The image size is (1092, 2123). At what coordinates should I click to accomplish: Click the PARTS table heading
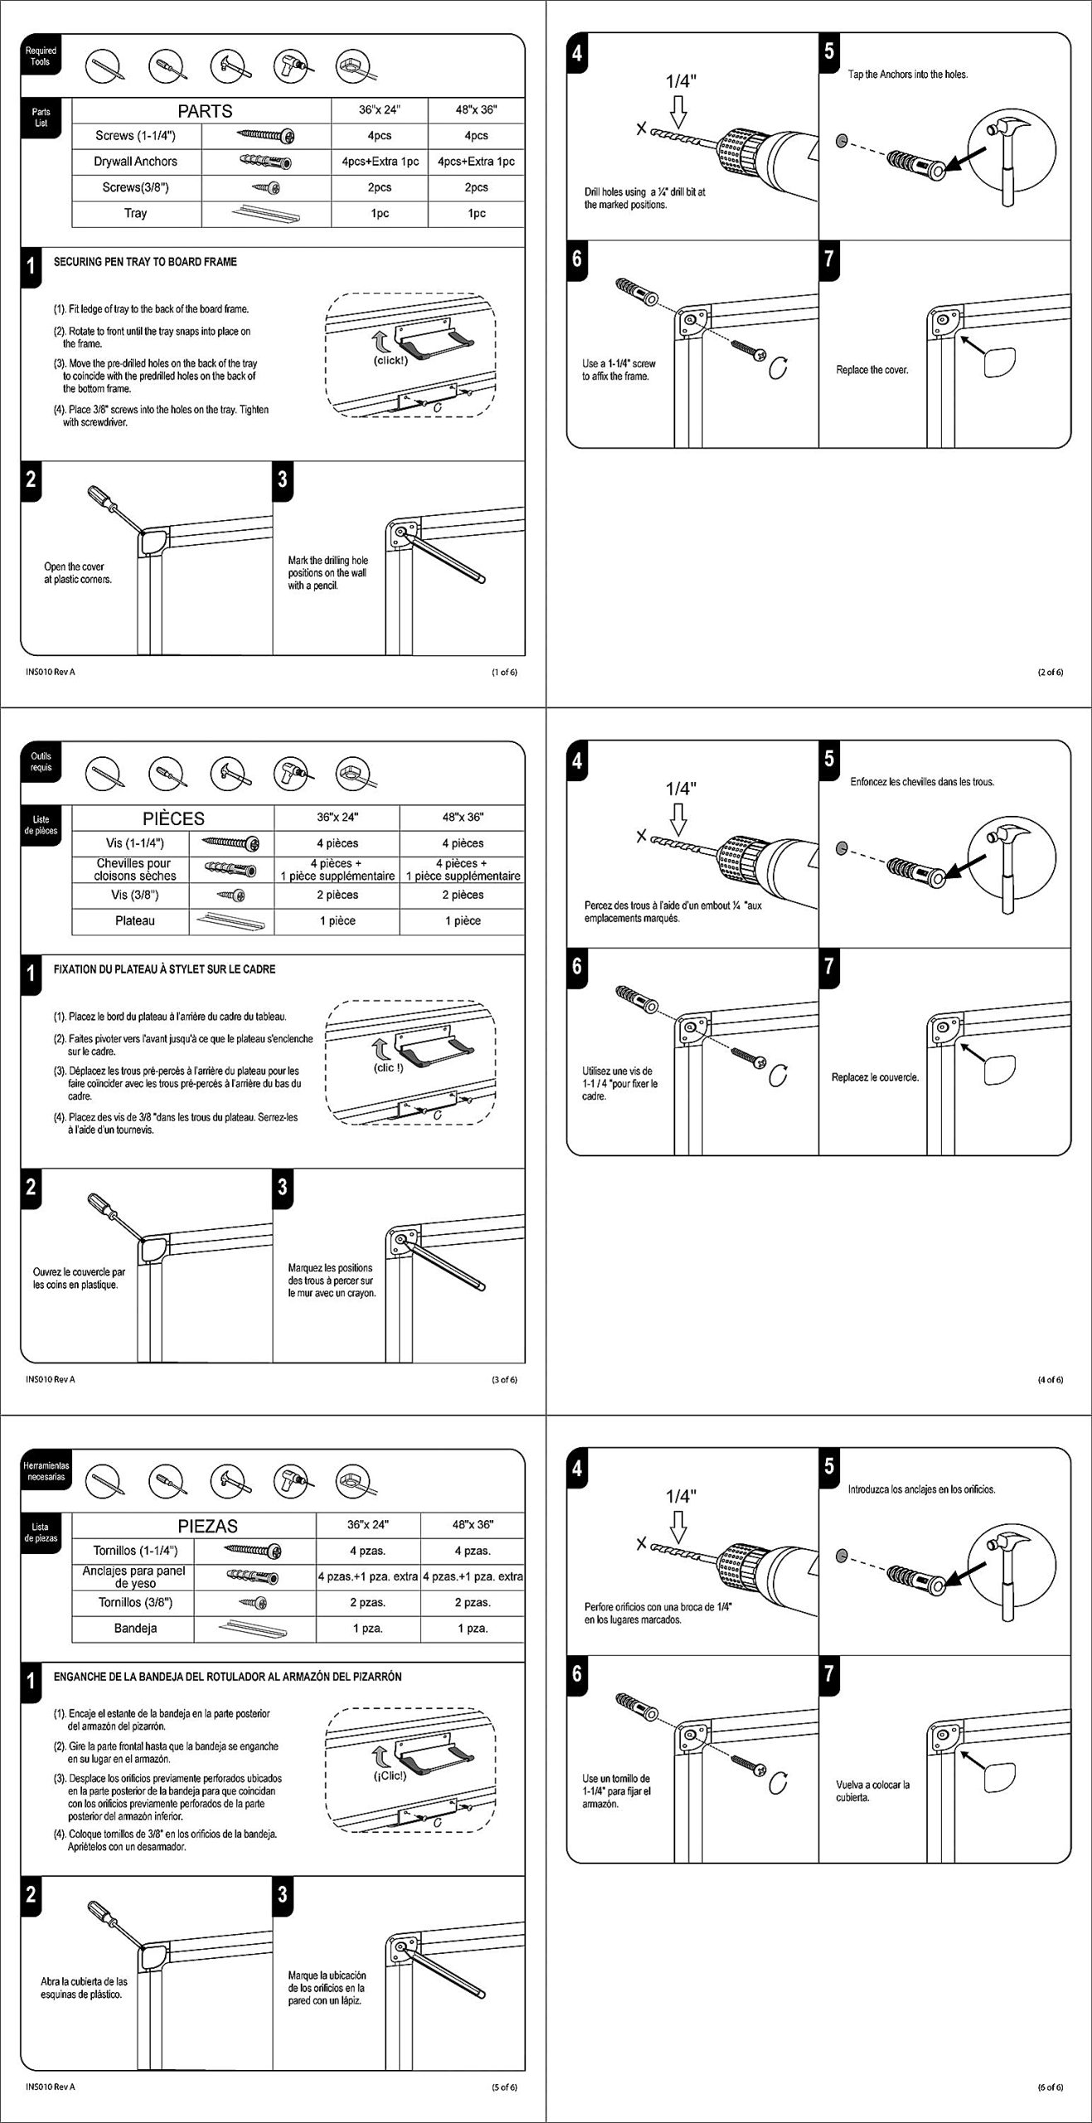205,111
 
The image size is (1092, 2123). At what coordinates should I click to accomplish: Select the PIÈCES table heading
173,819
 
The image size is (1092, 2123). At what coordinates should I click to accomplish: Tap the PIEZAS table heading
207,1526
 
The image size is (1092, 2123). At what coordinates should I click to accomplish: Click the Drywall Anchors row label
135,162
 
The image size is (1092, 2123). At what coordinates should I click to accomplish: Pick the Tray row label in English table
135,213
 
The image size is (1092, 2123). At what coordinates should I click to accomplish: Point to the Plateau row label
134,921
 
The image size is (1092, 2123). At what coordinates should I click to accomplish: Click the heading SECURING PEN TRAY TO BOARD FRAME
145,262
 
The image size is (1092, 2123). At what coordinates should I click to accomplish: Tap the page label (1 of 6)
504,672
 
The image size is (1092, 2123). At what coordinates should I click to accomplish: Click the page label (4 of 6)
1050,1379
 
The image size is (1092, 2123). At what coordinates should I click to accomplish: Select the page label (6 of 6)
1050,2087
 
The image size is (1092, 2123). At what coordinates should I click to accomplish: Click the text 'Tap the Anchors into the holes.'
907,75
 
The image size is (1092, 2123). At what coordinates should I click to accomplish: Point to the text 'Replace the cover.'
872,370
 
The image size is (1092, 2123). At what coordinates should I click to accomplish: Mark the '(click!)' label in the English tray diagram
390,360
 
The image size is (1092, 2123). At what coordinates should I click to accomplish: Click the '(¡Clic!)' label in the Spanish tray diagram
389,1776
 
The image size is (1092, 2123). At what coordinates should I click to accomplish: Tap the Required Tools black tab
41,56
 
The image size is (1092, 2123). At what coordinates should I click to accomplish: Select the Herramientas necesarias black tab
46,1471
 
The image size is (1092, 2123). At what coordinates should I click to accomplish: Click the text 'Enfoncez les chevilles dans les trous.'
922,782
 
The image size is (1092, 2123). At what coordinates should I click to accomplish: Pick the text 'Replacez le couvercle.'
875,1077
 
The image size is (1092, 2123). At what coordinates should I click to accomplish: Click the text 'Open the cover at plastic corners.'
78,573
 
